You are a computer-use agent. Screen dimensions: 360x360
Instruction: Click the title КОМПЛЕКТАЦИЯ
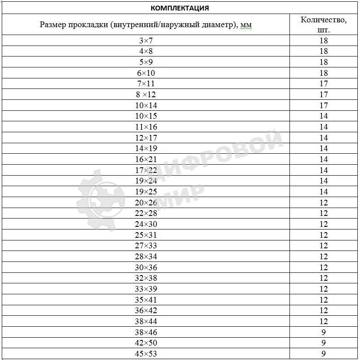[180, 8]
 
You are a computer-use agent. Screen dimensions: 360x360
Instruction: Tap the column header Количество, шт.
[324, 25]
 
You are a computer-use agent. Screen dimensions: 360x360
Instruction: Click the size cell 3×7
[147, 41]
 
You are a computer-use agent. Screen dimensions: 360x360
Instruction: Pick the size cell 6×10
[147, 73]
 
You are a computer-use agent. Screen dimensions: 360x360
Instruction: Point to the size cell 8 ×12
[147, 95]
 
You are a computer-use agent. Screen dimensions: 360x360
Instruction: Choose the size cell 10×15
[147, 116]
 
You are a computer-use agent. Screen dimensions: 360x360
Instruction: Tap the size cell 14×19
[147, 148]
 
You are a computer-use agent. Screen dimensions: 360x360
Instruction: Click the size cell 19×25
[147, 192]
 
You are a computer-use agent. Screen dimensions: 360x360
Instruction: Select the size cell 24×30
[147, 224]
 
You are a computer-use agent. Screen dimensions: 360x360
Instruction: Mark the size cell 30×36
[147, 268]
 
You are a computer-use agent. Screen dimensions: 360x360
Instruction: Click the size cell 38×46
[147, 332]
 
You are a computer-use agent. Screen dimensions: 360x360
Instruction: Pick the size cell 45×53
[147, 354]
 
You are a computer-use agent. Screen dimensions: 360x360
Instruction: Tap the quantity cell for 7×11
[324, 84]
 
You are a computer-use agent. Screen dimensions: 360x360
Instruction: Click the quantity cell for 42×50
[324, 343]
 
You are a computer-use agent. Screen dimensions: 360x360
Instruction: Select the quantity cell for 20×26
[324, 203]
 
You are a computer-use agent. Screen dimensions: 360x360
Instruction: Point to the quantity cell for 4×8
[324, 51]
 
